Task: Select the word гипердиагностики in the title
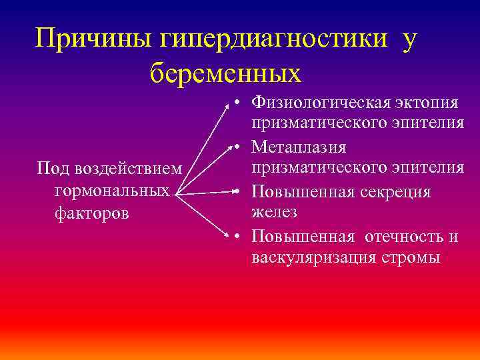click(273, 39)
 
